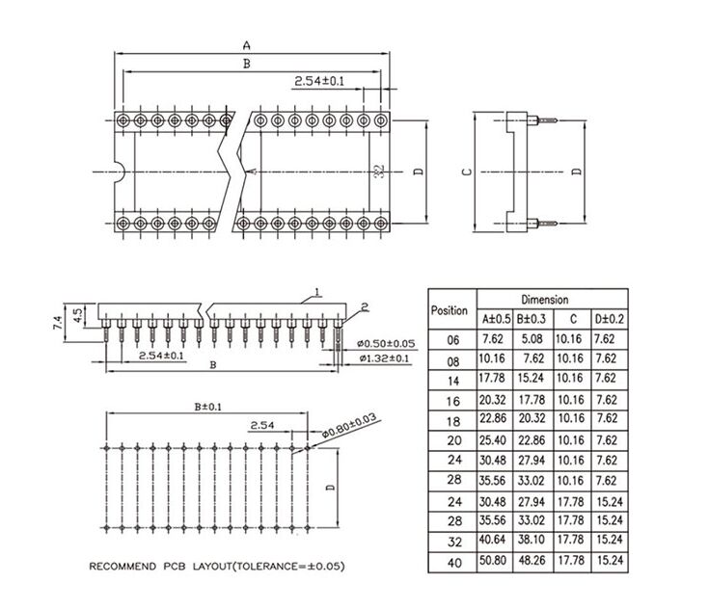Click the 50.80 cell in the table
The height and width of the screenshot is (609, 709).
492,561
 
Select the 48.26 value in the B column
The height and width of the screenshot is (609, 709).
532,561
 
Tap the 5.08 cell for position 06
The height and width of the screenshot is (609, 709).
532,339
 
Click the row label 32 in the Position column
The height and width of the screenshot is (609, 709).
454,542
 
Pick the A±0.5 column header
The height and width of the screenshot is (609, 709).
496,319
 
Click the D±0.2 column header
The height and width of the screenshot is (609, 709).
609,319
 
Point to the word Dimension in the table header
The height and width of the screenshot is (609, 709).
544,300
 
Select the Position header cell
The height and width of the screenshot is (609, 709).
449,310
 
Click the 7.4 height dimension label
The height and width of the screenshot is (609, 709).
58,323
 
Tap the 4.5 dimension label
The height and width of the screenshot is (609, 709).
77,315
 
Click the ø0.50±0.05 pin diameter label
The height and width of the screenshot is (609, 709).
386,344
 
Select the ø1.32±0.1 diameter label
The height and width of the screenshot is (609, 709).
385,358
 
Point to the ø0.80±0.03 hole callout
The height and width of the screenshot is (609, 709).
349,426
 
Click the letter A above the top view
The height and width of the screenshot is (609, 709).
246,45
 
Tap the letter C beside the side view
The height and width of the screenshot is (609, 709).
467,172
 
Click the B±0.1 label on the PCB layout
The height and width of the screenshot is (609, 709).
208,407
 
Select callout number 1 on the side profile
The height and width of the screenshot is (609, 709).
317,292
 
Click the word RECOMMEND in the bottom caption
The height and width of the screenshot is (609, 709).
123,567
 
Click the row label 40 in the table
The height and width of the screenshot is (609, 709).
454,563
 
